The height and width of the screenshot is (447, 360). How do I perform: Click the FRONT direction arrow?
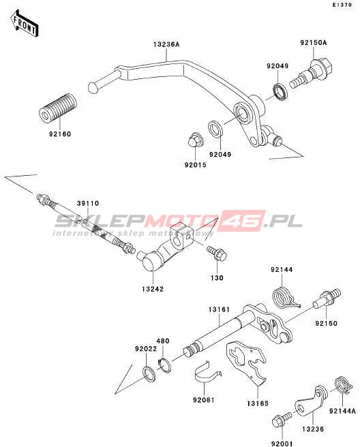point(24,24)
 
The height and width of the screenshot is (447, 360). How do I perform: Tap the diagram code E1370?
point(342,5)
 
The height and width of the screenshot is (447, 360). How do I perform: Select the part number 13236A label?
point(166,44)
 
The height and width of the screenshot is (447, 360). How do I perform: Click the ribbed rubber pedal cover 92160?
point(58,108)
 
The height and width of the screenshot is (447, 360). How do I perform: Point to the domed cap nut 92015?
point(196,140)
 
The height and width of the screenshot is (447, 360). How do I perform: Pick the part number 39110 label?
point(88,203)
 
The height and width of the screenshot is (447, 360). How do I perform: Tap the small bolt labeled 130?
point(217,253)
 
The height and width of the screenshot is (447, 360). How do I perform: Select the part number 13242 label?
point(153,289)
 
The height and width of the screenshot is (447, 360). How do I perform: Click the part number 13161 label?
point(219,309)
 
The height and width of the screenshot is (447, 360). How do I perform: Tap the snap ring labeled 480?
point(164,365)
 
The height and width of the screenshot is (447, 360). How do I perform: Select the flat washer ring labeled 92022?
point(149,374)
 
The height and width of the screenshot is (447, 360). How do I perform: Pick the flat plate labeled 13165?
point(247,362)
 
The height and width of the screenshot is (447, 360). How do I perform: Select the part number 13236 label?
point(313,429)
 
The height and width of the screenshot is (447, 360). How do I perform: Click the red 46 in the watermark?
point(243,221)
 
